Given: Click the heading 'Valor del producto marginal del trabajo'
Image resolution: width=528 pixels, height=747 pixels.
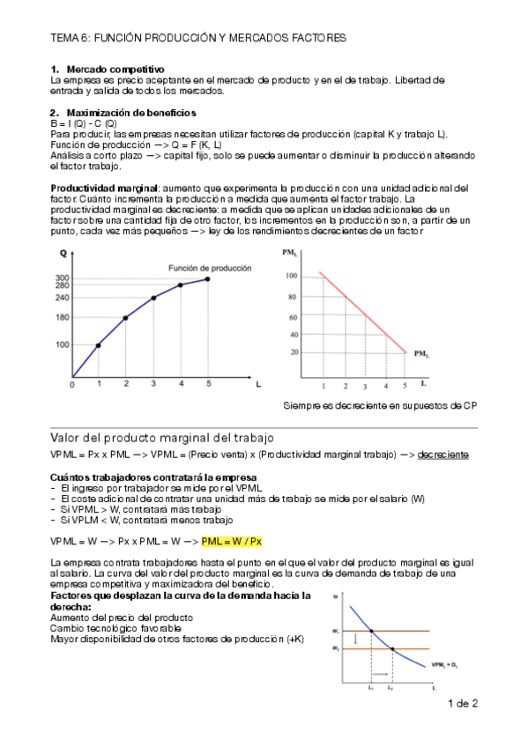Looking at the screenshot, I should (x=163, y=438).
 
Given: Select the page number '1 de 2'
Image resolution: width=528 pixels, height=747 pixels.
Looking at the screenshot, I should (x=463, y=703).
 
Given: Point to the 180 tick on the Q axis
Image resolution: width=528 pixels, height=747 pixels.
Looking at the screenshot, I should (x=63, y=317).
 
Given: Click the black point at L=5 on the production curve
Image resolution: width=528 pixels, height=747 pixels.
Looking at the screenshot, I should (x=208, y=278).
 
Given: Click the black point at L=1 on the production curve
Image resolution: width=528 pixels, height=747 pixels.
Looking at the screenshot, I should (x=98, y=345).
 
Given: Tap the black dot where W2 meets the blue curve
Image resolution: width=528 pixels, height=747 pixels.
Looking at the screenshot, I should (x=391, y=649).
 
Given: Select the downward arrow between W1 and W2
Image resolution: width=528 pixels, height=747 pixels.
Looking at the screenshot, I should (x=355, y=640).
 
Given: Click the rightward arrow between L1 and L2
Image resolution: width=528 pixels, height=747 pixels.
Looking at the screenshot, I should (x=381, y=675).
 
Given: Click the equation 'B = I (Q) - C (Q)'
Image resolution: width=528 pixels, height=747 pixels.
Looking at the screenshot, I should (x=84, y=123).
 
